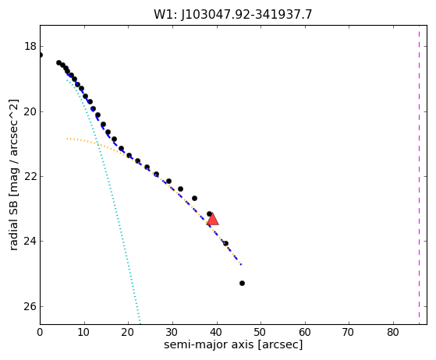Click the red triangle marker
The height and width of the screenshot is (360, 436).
click(x=213, y=219)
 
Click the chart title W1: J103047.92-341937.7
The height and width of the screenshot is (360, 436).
click(x=233, y=14)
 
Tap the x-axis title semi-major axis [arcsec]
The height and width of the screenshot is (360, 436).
click(x=233, y=344)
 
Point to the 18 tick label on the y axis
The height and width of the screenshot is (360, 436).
click(x=30, y=46)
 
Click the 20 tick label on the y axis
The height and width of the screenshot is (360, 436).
click(x=30, y=111)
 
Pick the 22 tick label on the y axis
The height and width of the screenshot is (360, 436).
click(x=30, y=176)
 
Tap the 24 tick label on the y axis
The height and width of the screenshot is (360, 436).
click(x=30, y=241)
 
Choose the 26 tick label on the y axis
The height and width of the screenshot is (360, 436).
click(x=30, y=306)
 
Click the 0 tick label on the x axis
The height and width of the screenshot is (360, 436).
click(x=40, y=332)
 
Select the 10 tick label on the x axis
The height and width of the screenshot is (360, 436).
click(x=83, y=332)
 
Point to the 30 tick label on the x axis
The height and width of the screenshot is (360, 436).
click(x=172, y=332)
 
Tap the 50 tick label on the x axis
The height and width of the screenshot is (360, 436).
click(x=261, y=332)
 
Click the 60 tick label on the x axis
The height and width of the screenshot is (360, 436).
click(x=305, y=332)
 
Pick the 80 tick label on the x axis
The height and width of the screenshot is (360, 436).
click(x=393, y=332)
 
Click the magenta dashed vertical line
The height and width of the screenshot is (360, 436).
click(x=419, y=175)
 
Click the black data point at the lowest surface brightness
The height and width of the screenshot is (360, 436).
click(x=242, y=284)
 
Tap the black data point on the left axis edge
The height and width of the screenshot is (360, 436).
click(x=41, y=55)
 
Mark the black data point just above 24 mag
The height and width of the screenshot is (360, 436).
click(x=225, y=244)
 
